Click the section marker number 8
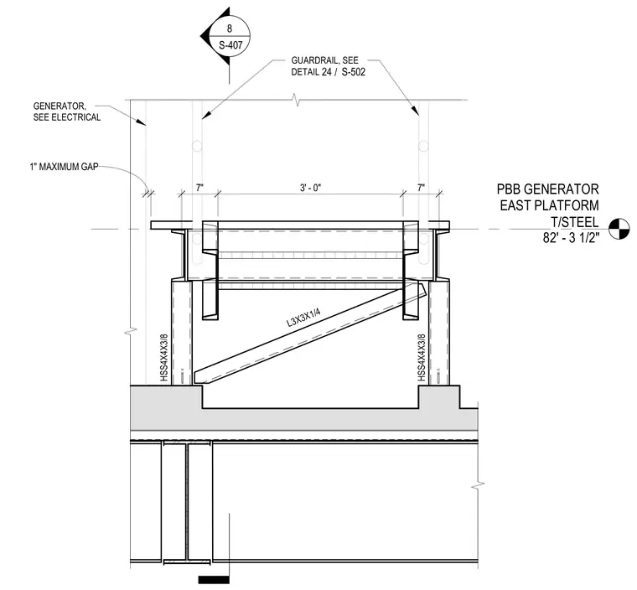(x=230, y=28)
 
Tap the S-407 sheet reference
(x=230, y=45)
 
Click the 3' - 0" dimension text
(x=311, y=188)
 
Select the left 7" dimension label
(x=199, y=188)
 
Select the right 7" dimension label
(x=421, y=188)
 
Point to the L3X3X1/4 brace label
(x=304, y=318)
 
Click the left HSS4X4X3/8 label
(x=164, y=358)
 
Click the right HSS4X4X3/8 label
(x=422, y=358)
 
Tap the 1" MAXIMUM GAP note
(x=65, y=167)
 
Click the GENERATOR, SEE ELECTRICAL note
(x=67, y=111)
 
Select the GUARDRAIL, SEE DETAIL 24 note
(x=329, y=66)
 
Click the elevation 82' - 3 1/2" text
(x=571, y=238)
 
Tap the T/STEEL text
(x=575, y=222)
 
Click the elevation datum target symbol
(x=619, y=229)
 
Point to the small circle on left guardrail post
(x=197, y=146)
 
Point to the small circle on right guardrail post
(x=424, y=146)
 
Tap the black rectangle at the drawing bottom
(x=214, y=580)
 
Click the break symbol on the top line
(x=297, y=100)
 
